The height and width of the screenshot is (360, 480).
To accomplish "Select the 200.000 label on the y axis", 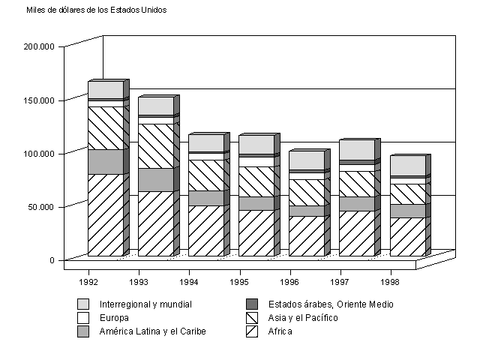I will pos(40,46).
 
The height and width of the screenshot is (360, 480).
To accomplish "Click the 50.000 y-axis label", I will pos(42,206).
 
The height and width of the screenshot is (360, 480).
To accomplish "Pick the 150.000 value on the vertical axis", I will pos(40,100).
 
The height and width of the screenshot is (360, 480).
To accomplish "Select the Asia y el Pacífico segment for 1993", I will pos(155,146).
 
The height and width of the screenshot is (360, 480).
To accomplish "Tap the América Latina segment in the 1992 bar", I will pos(105,162).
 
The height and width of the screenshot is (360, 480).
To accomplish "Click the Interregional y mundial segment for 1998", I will pos(407,166).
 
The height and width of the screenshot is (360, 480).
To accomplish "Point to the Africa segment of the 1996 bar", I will pos(306,236).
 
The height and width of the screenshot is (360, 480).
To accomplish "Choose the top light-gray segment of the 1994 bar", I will pos(205,143).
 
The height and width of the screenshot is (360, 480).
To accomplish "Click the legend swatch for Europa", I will pos(83,318).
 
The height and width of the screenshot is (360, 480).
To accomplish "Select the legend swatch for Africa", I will pos(252,331).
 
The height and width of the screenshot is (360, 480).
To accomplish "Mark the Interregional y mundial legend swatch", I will pos(83,304).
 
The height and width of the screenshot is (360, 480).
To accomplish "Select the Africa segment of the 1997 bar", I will pos(356,233).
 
